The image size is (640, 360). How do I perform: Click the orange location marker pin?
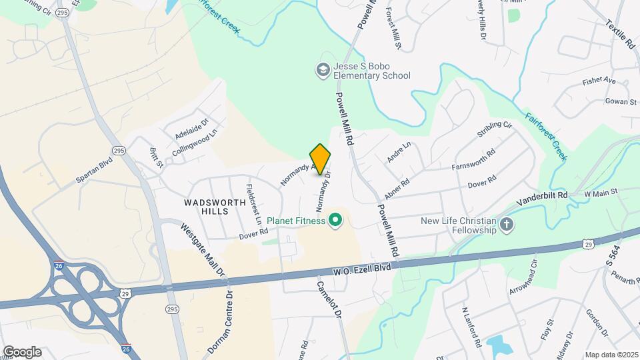coord(321,159)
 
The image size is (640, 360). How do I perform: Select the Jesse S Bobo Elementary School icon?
coord(323,70)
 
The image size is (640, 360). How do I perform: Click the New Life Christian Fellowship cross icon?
coord(506,225)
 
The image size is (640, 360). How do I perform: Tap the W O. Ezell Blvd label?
coord(362,269)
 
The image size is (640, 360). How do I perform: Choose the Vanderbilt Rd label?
coord(544,195)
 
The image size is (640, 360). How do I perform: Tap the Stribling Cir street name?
coord(494,129)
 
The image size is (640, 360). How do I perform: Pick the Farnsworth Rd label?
coord(473,159)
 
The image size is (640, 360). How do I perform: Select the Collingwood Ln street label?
coord(195,143)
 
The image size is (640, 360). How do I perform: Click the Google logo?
coord(22,352)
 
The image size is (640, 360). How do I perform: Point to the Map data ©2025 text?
coord(611,355)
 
